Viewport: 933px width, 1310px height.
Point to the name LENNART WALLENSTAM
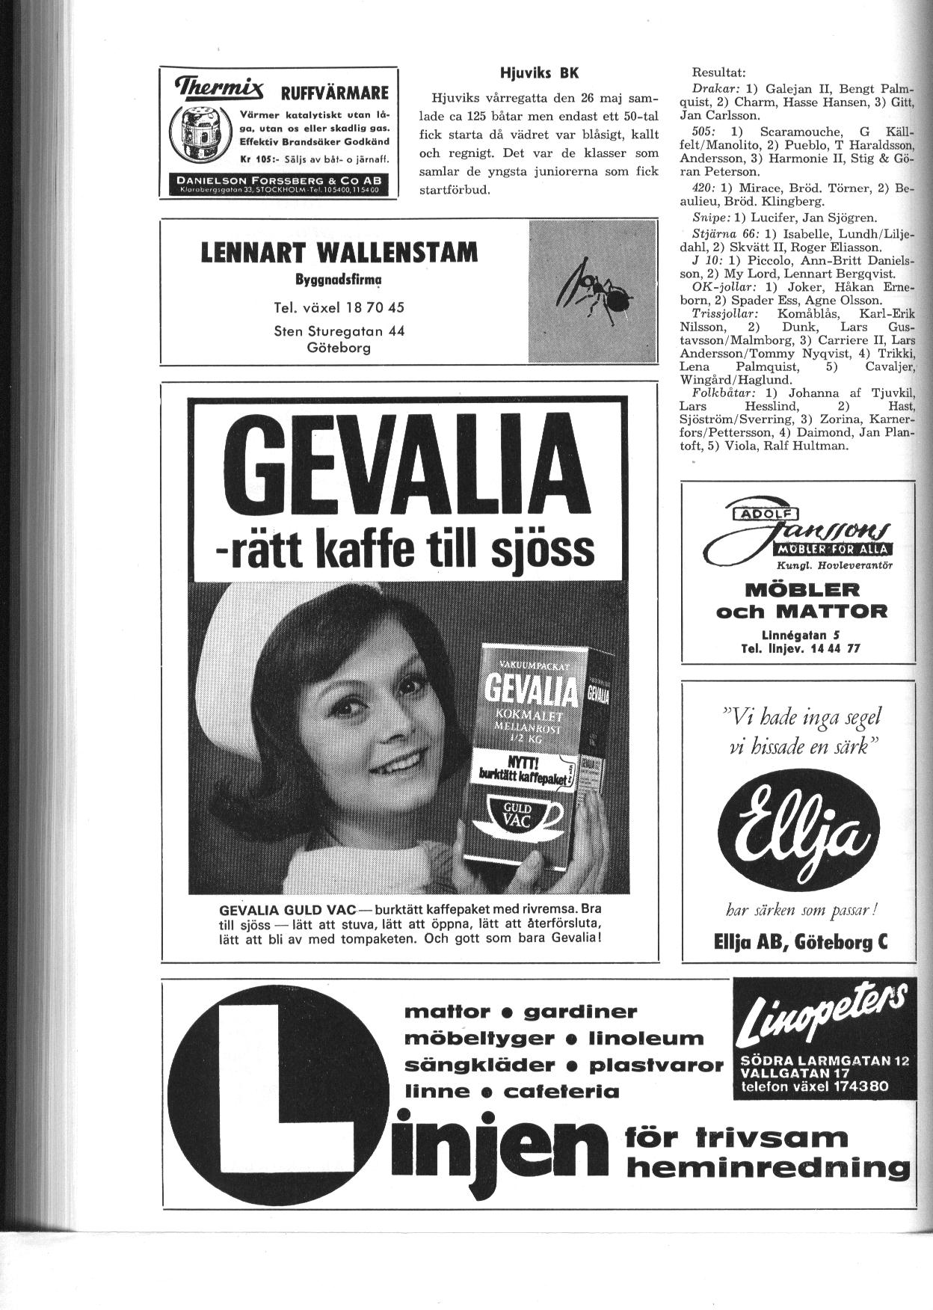tap(339, 253)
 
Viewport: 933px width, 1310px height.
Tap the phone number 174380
tap(859, 1086)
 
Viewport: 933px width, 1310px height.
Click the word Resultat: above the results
tap(718, 73)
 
